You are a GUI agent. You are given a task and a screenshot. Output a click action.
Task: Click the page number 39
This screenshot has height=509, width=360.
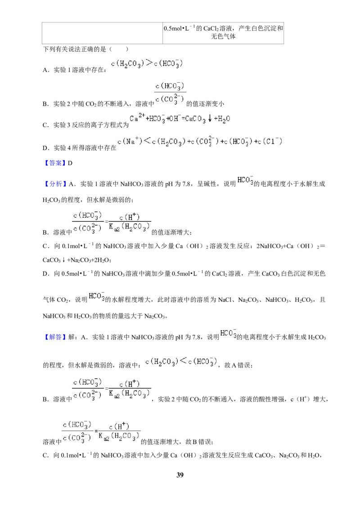(180, 475)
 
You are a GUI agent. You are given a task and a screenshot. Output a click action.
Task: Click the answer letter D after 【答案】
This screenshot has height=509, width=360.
(70, 163)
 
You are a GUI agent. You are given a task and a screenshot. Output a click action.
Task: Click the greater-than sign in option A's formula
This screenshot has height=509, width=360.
(149, 63)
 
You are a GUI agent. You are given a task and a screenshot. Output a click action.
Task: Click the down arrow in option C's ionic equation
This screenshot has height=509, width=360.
(210, 119)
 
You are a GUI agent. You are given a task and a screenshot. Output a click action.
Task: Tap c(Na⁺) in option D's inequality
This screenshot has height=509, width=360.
(130, 141)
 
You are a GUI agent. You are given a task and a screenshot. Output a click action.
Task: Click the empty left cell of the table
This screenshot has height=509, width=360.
(102, 33)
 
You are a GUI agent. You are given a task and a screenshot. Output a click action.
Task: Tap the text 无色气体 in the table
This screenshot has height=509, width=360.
(223, 36)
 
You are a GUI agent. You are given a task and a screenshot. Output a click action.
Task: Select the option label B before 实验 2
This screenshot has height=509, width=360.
(45, 104)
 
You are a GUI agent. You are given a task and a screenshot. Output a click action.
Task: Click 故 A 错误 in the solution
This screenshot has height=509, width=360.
(238, 365)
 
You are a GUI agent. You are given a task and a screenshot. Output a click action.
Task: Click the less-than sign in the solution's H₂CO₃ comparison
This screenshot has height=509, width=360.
(183, 361)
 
